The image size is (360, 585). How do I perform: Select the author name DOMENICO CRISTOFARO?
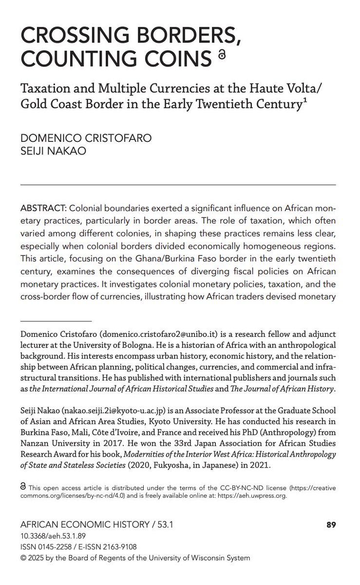tap(86, 138)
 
